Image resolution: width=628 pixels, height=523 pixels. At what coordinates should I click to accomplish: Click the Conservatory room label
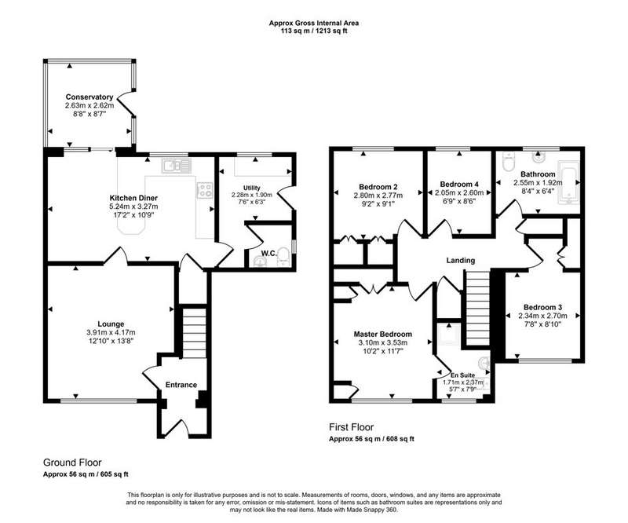[89, 97]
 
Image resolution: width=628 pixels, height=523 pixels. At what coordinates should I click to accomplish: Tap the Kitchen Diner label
[133, 198]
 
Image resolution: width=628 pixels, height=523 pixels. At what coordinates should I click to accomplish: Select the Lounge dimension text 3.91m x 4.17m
[111, 332]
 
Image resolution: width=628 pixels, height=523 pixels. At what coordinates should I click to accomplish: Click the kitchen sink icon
[177, 166]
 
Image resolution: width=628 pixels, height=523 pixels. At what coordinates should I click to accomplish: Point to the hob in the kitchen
[205, 190]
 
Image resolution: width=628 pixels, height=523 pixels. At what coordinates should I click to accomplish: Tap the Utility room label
[251, 188]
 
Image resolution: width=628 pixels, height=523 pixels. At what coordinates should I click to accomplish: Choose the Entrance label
[181, 385]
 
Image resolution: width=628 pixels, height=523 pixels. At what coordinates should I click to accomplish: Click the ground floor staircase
[195, 332]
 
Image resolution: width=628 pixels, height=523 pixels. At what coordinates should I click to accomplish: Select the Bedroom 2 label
[378, 187]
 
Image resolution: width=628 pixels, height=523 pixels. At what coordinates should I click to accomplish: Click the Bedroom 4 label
[459, 185]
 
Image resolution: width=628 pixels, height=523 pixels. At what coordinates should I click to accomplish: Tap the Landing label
[461, 261]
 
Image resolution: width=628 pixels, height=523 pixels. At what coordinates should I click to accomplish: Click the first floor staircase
[478, 308]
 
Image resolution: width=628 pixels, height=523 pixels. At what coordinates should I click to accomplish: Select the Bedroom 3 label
[542, 307]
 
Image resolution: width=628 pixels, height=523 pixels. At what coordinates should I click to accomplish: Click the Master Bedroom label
[382, 335]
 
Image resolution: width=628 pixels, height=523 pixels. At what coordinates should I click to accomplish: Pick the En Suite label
[462, 375]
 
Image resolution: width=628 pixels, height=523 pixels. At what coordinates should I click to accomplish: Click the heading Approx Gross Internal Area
[313, 24]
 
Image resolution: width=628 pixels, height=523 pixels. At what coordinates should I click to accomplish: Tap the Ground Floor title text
[72, 463]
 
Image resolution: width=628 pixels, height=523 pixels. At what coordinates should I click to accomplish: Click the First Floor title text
[351, 427]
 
